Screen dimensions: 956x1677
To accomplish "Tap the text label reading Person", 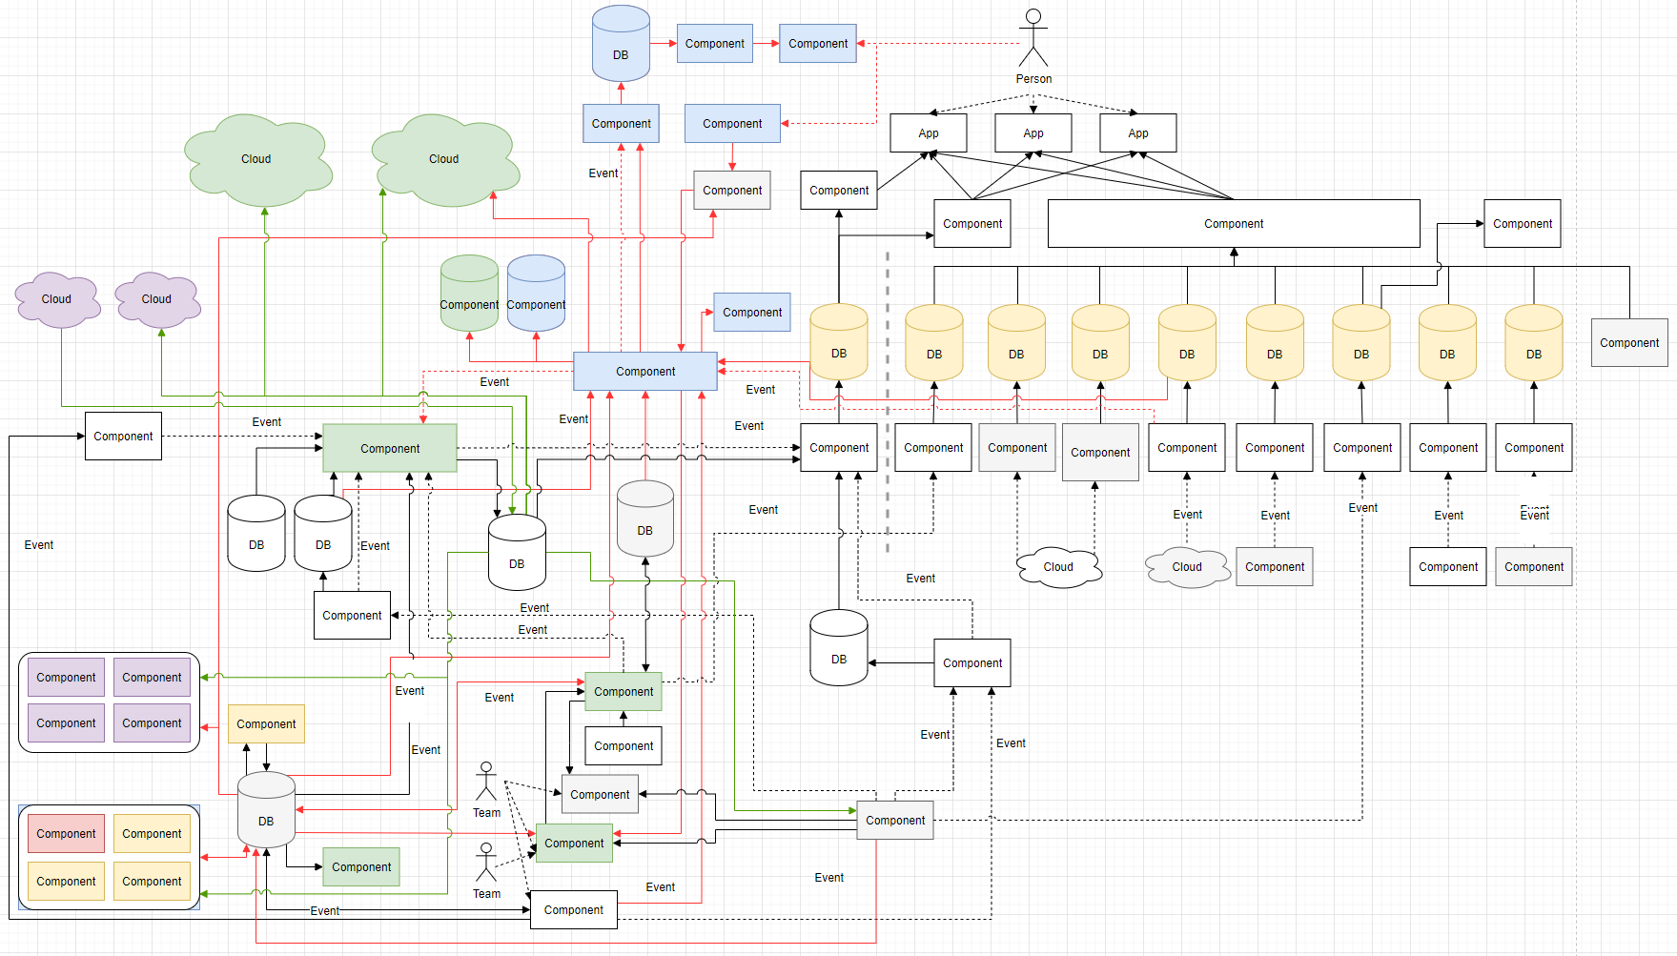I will [1033, 79].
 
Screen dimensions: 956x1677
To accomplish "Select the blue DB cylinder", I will [621, 44].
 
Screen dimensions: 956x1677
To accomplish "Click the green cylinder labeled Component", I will [469, 294].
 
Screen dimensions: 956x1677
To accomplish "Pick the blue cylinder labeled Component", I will [536, 294].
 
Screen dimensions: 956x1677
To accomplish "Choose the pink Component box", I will [66, 834].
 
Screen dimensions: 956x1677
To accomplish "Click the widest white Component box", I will [1234, 224].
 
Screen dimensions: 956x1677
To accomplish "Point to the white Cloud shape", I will [1058, 567].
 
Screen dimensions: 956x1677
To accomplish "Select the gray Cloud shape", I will [1187, 567].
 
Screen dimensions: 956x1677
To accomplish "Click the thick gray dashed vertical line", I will [888, 400].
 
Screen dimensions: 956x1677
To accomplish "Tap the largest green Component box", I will [390, 448].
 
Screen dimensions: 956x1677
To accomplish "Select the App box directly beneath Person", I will [1033, 133].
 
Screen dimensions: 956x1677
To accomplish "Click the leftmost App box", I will [929, 133].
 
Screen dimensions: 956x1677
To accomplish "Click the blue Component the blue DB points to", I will [715, 44].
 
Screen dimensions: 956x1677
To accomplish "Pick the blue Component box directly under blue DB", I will [622, 124].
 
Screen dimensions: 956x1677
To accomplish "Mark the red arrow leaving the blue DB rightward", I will [664, 44].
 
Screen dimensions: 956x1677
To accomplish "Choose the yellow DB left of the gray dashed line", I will [839, 343].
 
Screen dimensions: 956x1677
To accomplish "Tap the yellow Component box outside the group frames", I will [266, 724].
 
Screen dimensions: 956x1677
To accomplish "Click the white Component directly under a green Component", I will [624, 746].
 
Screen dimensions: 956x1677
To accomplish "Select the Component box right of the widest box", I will [1523, 224].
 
